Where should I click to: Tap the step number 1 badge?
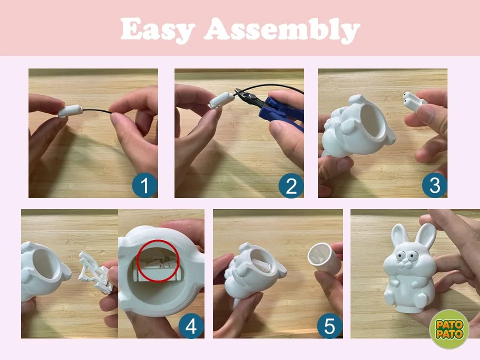[x=144, y=185]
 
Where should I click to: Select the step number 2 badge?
[x=291, y=185]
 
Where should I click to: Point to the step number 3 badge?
[x=434, y=185]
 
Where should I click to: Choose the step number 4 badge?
[x=191, y=326]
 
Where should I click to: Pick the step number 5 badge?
[x=329, y=326]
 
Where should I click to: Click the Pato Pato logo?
[x=449, y=329]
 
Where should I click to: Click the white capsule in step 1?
[x=70, y=111]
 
